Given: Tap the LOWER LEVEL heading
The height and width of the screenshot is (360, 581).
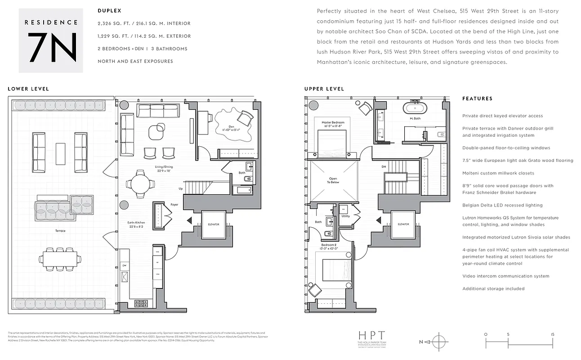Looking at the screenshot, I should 28,89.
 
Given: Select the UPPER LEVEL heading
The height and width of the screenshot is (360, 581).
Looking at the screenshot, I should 324,89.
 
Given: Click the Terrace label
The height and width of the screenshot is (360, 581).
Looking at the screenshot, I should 60,231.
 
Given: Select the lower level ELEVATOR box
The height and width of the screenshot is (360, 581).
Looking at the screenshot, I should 213,224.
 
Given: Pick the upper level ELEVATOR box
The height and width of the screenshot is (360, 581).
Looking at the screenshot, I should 403,224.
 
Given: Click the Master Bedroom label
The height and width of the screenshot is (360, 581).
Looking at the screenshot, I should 332,124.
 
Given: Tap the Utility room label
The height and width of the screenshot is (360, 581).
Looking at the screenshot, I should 345,216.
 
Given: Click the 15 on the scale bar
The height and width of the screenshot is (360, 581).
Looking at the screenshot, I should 552,335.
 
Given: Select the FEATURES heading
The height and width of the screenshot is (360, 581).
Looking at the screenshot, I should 477,99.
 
